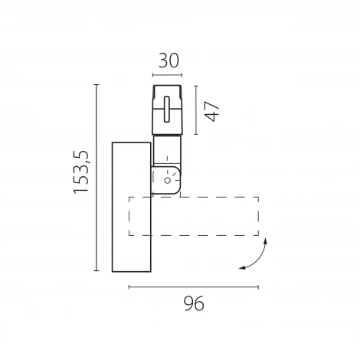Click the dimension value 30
[x=169, y=61]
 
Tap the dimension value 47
[x=212, y=111]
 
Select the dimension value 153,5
[x=81, y=172]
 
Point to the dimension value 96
[x=194, y=303]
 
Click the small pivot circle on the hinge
[x=168, y=180]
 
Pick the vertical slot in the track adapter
[x=167, y=110]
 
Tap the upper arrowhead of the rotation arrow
[x=266, y=241]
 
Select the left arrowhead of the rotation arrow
[x=242, y=268]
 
